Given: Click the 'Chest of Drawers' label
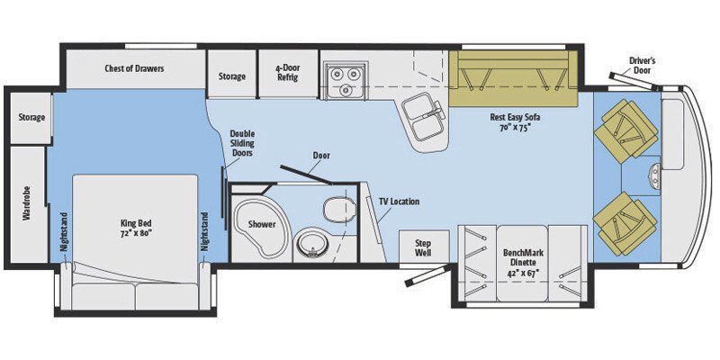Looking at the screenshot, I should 134,67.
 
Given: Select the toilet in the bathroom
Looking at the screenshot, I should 335,208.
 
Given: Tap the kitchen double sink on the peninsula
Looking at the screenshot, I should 422,114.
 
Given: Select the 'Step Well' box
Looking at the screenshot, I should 425,247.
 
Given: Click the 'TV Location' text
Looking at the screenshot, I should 399,202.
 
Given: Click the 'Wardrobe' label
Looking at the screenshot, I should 26,217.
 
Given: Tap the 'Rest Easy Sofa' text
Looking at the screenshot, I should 510,120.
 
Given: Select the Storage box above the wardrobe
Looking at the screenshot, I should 31,117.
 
